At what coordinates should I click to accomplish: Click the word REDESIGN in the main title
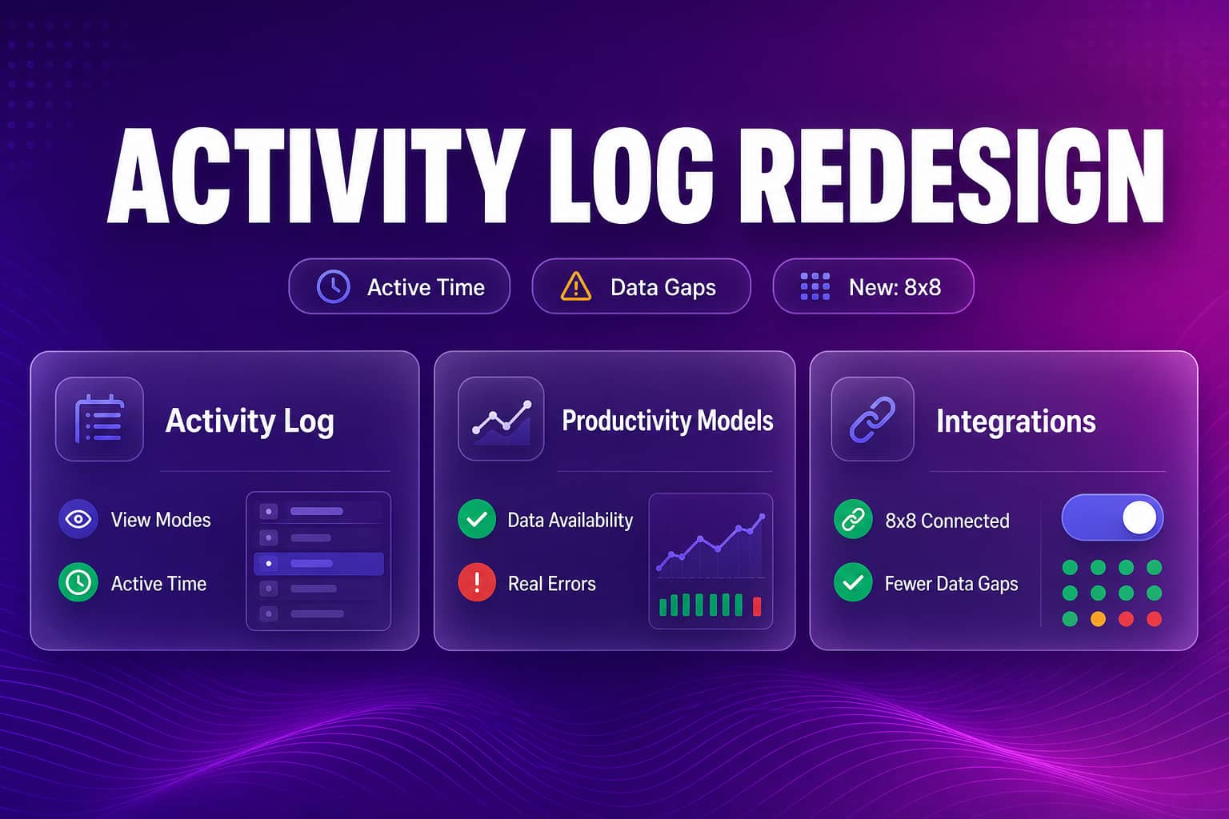click(x=952, y=175)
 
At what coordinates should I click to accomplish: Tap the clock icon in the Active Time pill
click(x=333, y=286)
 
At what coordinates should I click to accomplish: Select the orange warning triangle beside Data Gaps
click(x=575, y=286)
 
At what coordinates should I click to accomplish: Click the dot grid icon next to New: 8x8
click(x=815, y=286)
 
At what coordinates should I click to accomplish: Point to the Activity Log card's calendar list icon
click(x=99, y=418)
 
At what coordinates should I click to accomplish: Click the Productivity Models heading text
click(x=668, y=421)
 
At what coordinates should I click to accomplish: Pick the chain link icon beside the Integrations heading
click(x=872, y=420)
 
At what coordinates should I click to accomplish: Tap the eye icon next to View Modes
click(x=78, y=519)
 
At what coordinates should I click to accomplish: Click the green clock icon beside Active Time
click(x=78, y=582)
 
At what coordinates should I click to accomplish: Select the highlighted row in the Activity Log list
click(x=318, y=563)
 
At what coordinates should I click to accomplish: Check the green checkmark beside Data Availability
click(x=477, y=519)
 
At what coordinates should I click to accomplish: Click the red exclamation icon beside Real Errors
click(x=477, y=582)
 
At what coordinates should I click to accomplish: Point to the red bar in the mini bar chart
click(x=757, y=606)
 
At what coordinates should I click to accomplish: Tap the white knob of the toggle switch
click(x=1139, y=517)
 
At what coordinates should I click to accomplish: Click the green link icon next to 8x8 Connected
click(x=853, y=519)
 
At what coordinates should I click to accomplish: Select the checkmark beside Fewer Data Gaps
click(x=853, y=582)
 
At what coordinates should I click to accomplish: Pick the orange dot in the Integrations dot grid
click(x=1098, y=619)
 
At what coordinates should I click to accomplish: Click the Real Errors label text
click(x=551, y=584)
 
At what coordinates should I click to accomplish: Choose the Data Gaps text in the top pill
click(x=663, y=287)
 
